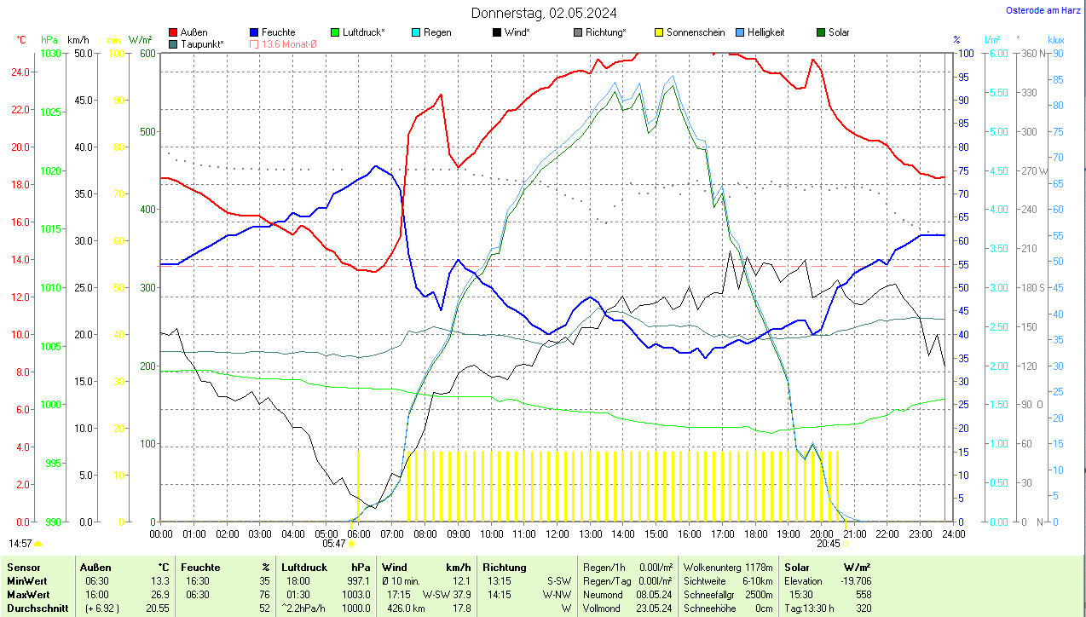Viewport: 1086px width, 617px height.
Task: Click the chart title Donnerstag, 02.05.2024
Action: click(544, 13)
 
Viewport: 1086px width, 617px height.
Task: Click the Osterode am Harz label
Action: click(1043, 10)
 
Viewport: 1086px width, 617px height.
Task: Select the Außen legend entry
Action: click(194, 32)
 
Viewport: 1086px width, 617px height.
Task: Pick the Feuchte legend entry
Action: click(278, 32)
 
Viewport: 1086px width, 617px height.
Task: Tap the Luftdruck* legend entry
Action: click(363, 32)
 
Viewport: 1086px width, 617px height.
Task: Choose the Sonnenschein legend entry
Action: click(696, 32)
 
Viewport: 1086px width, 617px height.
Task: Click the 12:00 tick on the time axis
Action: click(557, 533)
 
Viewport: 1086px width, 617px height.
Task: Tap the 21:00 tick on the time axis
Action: click(855, 533)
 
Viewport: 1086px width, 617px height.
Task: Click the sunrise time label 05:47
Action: click(334, 543)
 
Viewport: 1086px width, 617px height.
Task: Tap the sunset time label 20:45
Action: click(828, 543)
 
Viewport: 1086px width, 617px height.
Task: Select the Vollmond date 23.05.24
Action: click(654, 608)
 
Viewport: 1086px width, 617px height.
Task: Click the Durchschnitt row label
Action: click(35, 608)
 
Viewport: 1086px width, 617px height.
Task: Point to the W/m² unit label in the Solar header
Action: click(856, 567)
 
